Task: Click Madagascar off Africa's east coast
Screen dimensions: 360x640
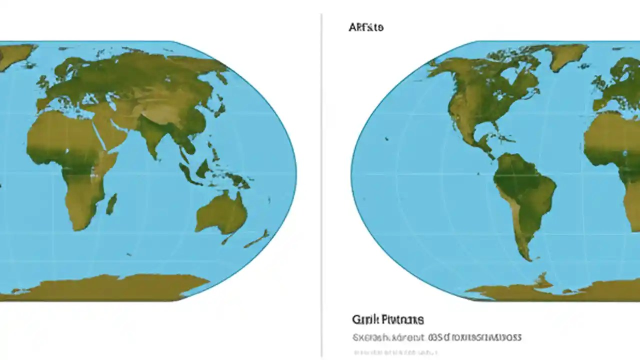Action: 111,203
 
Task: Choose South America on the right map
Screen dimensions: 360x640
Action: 522,195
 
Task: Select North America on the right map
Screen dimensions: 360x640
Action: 480,95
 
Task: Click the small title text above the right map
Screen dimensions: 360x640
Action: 366,27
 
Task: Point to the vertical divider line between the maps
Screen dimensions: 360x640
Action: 321,185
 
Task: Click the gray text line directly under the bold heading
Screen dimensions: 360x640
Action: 437,337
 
